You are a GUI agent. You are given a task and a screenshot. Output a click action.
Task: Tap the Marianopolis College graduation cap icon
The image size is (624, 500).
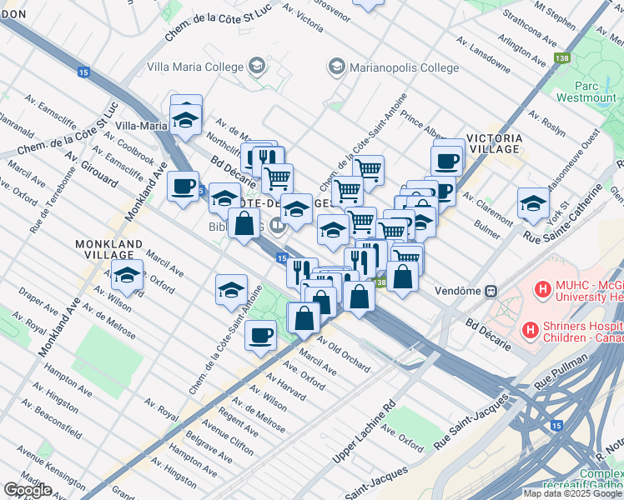pyautogui.click(x=336, y=66)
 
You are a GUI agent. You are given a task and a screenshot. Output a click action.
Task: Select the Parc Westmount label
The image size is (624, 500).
pyautogui.click(x=595, y=92)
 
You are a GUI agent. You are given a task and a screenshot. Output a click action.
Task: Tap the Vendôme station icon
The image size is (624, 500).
pyautogui.click(x=492, y=291)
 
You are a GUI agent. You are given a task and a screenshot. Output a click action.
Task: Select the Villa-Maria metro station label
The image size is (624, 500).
pyautogui.click(x=141, y=126)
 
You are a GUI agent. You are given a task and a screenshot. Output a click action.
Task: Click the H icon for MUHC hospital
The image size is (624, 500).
pyautogui.click(x=544, y=291)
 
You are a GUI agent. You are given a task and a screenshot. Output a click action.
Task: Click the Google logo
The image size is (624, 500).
pyautogui.click(x=28, y=490)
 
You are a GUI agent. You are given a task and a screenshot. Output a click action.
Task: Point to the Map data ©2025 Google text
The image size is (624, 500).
pyautogui.click(x=572, y=493)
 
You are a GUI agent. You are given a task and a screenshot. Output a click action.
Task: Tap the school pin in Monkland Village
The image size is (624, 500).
pyautogui.click(x=127, y=274)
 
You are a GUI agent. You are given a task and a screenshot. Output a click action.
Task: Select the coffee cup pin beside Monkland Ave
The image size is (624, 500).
pyautogui.click(x=183, y=186)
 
